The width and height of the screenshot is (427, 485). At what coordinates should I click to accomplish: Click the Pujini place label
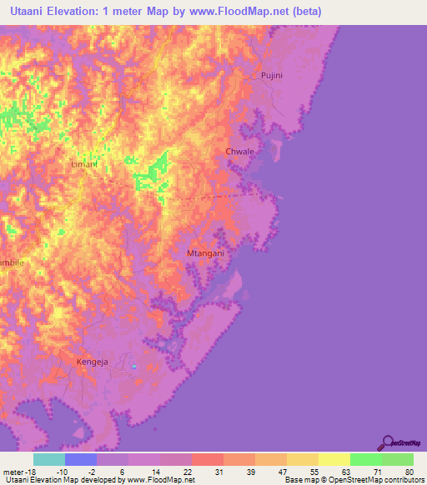[272, 75]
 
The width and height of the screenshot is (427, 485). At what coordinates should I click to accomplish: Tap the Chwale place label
[239, 152]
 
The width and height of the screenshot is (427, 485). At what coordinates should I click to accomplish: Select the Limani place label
[84, 164]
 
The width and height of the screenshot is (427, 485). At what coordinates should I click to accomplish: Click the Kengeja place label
[92, 362]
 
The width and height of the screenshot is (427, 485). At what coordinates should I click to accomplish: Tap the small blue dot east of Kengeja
[133, 366]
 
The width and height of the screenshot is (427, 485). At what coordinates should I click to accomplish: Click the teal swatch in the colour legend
[49, 459]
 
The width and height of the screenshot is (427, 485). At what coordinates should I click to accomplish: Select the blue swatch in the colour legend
[81, 459]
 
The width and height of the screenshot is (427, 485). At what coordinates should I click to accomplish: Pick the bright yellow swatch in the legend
[334, 459]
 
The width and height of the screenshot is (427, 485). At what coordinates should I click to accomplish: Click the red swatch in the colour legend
[208, 459]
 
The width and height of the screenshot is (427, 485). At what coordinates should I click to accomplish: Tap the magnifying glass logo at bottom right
[386, 442]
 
